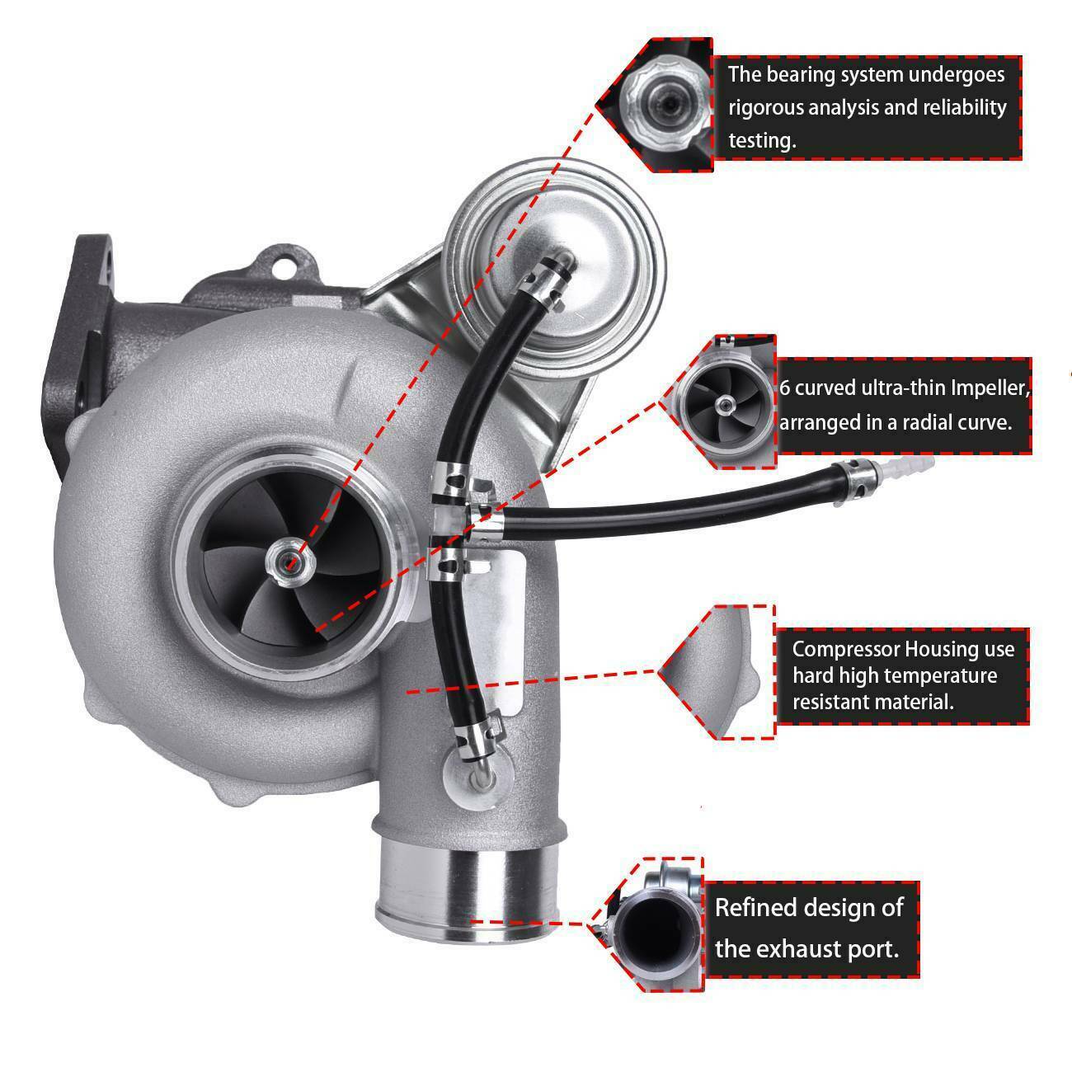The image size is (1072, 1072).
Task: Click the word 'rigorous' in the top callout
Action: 764,108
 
